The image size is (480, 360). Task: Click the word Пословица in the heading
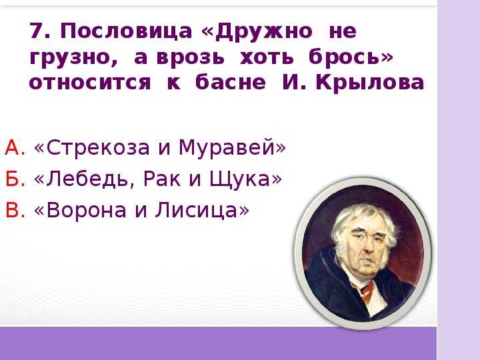pos(126,31)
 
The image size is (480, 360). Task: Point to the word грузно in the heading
pos(73,57)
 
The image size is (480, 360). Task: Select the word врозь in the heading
pos(190,57)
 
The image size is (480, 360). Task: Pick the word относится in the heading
pos(90,83)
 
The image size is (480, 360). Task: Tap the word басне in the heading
pos(230,82)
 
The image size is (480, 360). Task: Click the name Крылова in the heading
pos(370,83)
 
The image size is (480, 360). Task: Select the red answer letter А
pos(15,147)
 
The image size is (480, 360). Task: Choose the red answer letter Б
pos(15,179)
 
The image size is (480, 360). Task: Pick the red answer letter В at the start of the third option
pos(15,210)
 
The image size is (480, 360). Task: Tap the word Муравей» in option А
pos(232,148)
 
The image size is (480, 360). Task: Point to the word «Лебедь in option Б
pos(85,179)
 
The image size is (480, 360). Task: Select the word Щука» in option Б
pos(245,179)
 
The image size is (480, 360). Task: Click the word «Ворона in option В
pos(80,211)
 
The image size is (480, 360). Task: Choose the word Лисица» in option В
pos(202,211)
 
